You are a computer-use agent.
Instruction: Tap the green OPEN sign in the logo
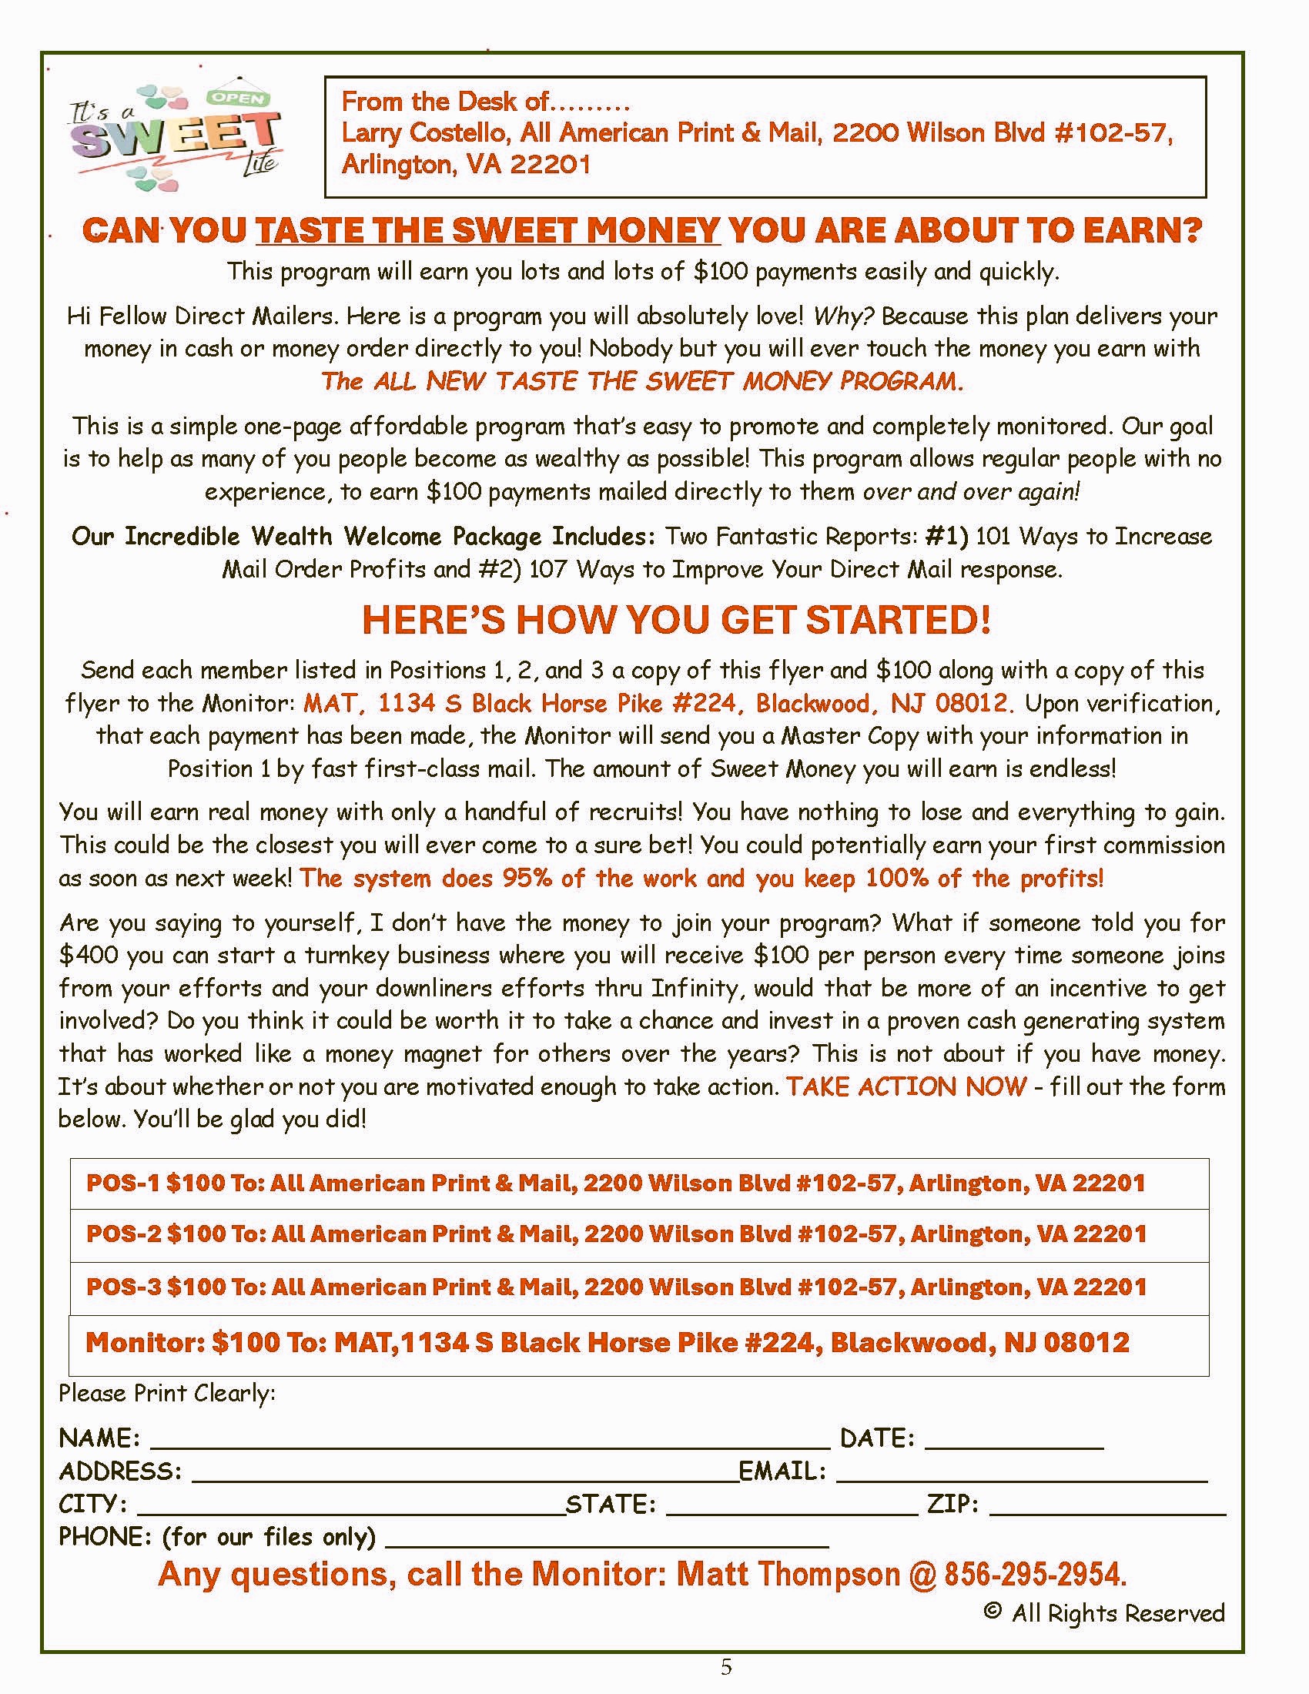coord(238,99)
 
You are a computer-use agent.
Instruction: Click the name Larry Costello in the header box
coord(426,133)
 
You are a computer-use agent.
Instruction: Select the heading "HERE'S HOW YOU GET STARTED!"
coord(676,620)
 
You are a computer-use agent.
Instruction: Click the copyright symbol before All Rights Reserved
coord(992,1611)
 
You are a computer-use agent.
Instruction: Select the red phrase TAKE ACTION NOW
coord(906,1086)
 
